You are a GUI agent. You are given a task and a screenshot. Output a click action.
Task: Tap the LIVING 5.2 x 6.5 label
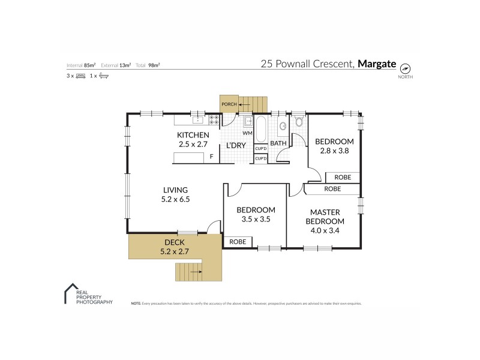click(175, 194)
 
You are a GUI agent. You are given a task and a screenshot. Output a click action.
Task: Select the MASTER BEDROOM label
click(325, 220)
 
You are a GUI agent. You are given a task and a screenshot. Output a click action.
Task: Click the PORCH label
click(229, 104)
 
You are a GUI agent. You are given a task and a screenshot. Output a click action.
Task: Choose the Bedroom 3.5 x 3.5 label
click(256, 215)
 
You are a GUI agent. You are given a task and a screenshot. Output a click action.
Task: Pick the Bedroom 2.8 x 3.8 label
click(334, 146)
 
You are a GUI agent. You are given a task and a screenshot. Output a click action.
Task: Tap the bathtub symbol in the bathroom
click(262, 128)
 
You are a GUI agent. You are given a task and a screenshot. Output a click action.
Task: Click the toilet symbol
click(299, 122)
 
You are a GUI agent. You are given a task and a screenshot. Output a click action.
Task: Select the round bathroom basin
click(282, 126)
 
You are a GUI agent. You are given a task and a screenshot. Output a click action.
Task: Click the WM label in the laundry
click(247, 133)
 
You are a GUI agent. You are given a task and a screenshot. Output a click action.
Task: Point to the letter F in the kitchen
click(211, 157)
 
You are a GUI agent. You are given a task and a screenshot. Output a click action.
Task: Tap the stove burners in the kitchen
click(213, 120)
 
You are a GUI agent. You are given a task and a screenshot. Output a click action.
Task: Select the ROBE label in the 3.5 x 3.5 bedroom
click(238, 242)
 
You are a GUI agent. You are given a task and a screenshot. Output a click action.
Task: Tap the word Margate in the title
click(377, 63)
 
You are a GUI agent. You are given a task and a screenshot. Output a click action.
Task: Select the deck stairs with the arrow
click(191, 272)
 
